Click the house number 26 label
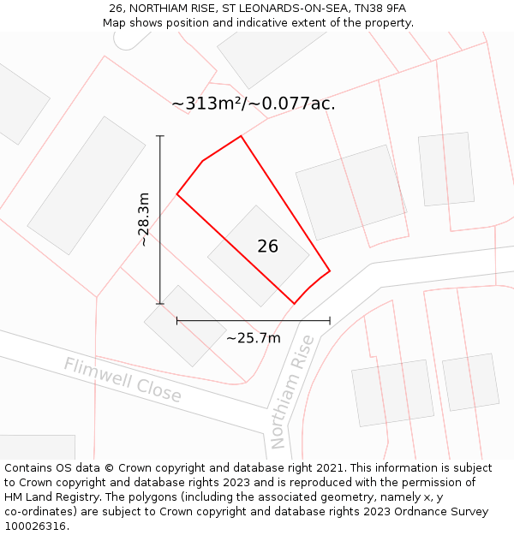coord(267,247)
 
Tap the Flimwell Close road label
coord(123,380)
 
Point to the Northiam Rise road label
coord(292,392)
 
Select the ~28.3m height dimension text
coord(144,219)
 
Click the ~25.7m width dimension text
coord(253,338)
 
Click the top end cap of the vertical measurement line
coord(160,136)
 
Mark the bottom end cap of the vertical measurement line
coord(160,303)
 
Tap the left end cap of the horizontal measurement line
coord(177,321)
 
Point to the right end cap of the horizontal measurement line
coord(330,321)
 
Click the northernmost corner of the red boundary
coord(241,136)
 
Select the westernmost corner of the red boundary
coord(177,194)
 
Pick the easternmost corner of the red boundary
coord(330,271)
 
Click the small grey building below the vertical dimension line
coord(185,325)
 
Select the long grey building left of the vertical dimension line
coord(87,186)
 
